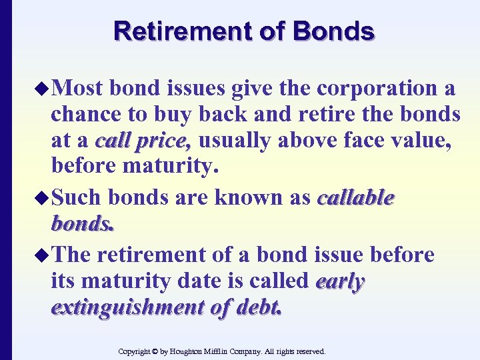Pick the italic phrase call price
(x=143, y=141)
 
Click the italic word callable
(x=357, y=198)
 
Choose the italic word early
(x=340, y=282)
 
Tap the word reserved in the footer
(x=308, y=351)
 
